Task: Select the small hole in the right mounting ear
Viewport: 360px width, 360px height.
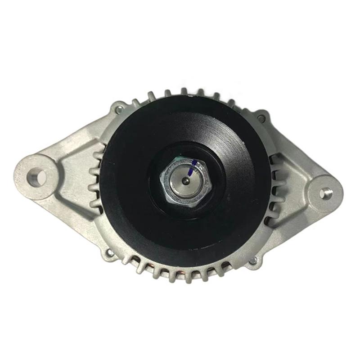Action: click(325, 193)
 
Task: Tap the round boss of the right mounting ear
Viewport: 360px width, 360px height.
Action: click(325, 193)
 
